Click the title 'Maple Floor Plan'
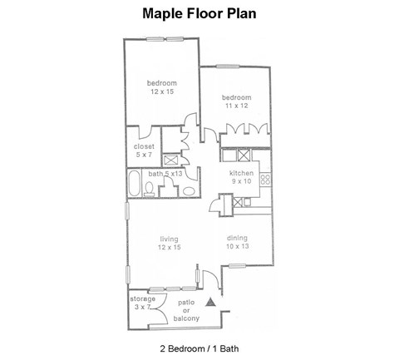point(199,13)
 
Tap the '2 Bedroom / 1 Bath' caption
point(199,346)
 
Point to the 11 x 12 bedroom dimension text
point(236,106)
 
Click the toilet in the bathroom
point(148,190)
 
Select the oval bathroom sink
point(190,191)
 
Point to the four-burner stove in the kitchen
point(265,178)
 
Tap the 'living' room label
point(170,243)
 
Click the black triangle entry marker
point(211,303)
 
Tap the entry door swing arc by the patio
point(211,281)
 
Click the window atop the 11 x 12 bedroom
point(227,67)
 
